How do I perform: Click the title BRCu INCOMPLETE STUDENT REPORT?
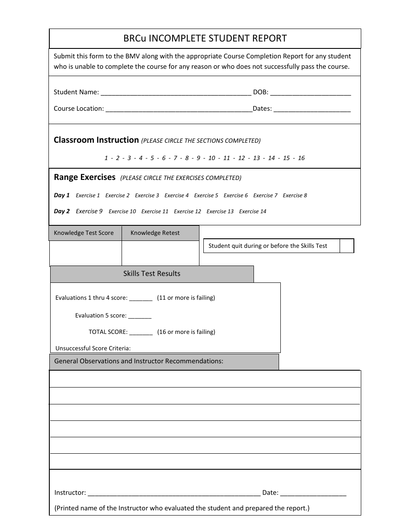[205, 38]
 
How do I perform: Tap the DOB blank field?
[310, 92]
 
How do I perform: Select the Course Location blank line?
[179, 109]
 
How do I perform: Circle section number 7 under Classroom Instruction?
[176, 158]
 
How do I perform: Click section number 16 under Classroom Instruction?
[301, 158]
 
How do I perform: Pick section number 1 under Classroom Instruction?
[106, 158]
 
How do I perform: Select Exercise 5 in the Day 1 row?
[206, 195]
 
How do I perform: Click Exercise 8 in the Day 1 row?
[295, 195]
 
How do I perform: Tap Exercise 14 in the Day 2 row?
[253, 212]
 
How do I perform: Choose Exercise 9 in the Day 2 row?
[89, 212]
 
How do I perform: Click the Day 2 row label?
[61, 212]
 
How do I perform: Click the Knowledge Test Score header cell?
[84, 233]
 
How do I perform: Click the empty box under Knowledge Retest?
[160, 253]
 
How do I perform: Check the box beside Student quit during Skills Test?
[347, 246]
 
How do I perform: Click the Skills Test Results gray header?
[152, 274]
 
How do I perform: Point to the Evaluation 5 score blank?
[140, 316]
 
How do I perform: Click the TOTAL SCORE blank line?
[141, 332]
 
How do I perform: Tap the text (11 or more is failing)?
[186, 298]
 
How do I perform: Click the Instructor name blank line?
[173, 493]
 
